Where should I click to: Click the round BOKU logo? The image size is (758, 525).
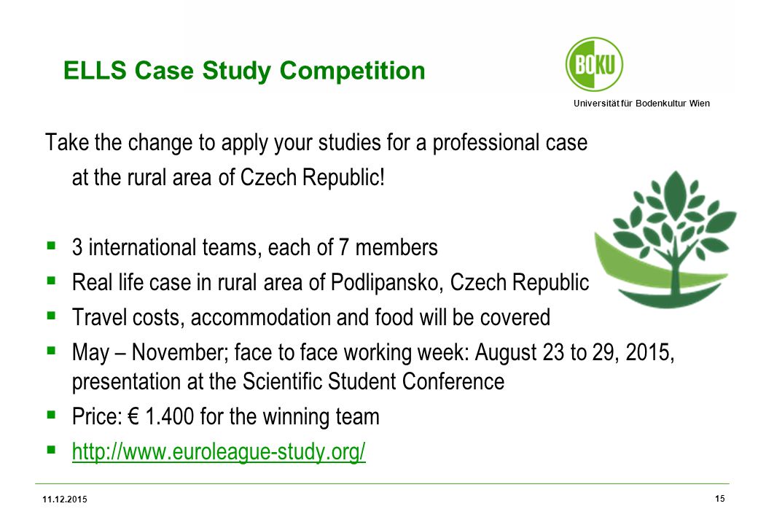tap(594, 64)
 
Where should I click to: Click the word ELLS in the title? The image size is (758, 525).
tap(95, 71)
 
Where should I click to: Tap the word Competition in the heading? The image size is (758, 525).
tap(353, 71)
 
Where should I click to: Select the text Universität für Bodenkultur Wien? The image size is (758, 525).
tap(641, 103)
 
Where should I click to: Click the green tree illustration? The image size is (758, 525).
tap(665, 240)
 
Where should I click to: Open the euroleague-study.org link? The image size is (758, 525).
tap(219, 451)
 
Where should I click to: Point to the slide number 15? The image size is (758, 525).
tap(720, 499)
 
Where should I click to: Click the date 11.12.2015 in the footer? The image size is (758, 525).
tap(65, 499)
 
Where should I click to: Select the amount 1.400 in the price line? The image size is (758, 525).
tap(169, 416)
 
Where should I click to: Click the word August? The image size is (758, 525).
tap(506, 353)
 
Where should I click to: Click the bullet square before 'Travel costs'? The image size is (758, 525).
tap(51, 315)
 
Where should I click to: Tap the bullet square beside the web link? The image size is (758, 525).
tap(51, 450)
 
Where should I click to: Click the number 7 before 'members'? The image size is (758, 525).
tap(344, 247)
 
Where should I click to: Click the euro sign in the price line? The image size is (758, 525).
tap(133, 416)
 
